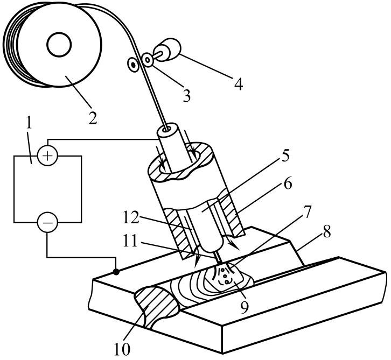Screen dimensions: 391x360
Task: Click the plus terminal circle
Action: (x=47, y=156)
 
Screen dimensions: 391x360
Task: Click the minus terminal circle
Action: (x=47, y=222)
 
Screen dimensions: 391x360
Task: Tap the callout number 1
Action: (x=30, y=123)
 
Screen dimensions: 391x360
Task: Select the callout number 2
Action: (x=93, y=117)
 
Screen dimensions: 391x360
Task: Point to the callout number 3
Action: (x=186, y=96)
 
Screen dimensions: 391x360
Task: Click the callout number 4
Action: (x=239, y=83)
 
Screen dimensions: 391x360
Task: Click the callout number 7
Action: (x=307, y=212)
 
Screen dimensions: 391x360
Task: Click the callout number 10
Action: (x=122, y=348)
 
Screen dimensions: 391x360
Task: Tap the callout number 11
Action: (x=130, y=241)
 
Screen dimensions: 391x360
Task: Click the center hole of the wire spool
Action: (x=59, y=45)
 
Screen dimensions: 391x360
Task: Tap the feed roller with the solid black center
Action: (x=134, y=65)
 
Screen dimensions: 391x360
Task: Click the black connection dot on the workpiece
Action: (x=116, y=272)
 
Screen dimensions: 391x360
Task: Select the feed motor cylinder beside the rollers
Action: (x=170, y=50)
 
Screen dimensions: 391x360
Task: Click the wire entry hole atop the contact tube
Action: (x=166, y=129)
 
